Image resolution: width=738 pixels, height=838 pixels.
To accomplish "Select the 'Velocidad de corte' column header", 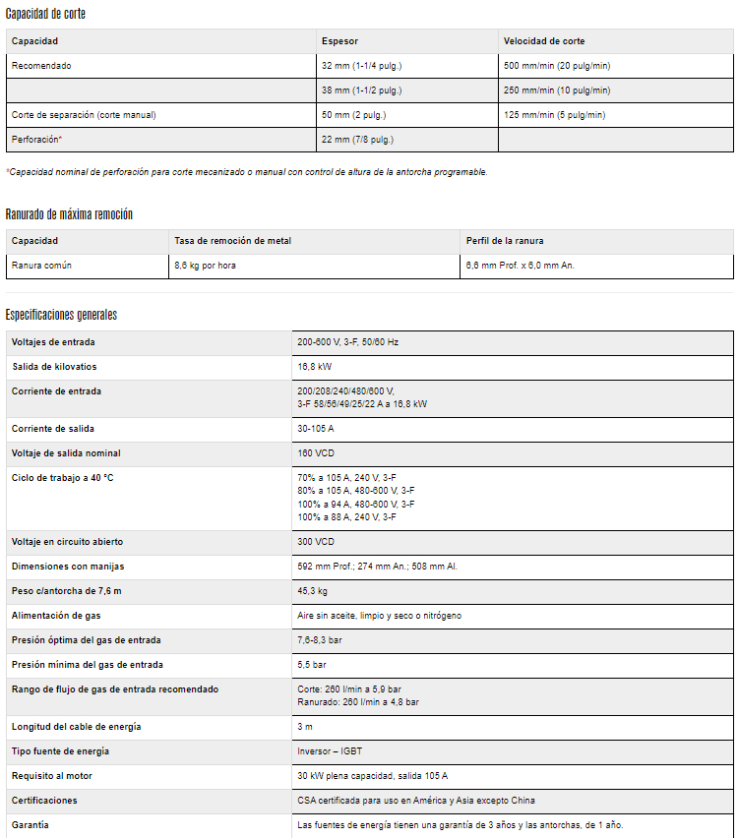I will tap(544, 41).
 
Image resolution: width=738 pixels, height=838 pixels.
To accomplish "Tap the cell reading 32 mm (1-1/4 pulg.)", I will tap(361, 66).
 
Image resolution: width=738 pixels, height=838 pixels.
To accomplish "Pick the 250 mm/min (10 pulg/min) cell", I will tap(557, 90).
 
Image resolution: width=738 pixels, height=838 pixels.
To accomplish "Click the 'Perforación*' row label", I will tap(36, 140).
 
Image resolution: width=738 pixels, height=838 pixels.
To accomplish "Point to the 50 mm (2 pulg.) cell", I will tap(354, 115).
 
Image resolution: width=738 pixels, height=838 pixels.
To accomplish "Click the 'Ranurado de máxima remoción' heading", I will tap(69, 214).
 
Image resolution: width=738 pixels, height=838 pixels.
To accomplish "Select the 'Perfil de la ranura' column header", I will tap(505, 241).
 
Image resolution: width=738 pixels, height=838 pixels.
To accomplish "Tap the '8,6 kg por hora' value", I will tap(205, 266).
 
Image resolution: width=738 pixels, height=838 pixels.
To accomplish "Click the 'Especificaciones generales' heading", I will tap(61, 315).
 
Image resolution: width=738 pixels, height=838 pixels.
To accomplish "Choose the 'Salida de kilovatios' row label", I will tap(54, 367).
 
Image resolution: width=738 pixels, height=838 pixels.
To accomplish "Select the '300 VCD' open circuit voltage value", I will tap(316, 542).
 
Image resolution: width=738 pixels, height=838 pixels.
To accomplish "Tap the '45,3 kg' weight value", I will tap(313, 591).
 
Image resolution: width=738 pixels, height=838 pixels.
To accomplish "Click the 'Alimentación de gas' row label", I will tap(56, 616).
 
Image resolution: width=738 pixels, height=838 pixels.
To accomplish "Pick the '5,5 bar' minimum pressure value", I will tap(311, 665).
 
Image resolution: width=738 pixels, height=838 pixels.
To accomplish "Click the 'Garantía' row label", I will tap(31, 825).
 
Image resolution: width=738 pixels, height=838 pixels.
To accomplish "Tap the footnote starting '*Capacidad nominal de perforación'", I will tap(246, 172).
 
